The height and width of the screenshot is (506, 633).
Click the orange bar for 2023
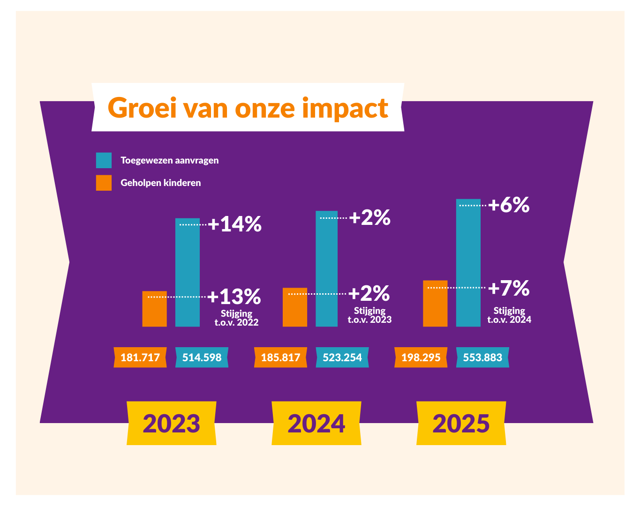pyautogui.click(x=154, y=309)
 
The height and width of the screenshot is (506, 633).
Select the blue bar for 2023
pyautogui.click(x=187, y=272)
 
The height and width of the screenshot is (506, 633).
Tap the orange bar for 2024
pyautogui.click(x=294, y=307)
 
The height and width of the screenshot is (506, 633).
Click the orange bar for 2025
pyautogui.click(x=435, y=304)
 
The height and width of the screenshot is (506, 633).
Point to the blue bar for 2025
pyautogui.click(x=468, y=263)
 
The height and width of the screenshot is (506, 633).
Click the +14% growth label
pyautogui.click(x=234, y=224)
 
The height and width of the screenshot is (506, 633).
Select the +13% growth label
pyautogui.click(x=234, y=297)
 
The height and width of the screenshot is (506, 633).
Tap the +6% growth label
pyautogui.click(x=509, y=205)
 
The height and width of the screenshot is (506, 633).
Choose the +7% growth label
pyautogui.click(x=509, y=288)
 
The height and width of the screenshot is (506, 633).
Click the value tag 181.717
pyautogui.click(x=140, y=357)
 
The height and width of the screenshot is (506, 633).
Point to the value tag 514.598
pyautogui.click(x=202, y=357)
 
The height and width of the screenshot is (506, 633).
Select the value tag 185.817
pyautogui.click(x=280, y=357)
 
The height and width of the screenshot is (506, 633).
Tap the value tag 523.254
pyautogui.click(x=342, y=357)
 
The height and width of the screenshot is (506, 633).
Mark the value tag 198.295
pyautogui.click(x=421, y=357)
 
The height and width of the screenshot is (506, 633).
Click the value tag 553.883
pyautogui.click(x=482, y=357)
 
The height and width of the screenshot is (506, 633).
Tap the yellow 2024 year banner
pyautogui.click(x=316, y=423)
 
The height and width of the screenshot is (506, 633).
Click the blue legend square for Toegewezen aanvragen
pyautogui.click(x=104, y=160)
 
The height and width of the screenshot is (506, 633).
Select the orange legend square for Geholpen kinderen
pyautogui.click(x=104, y=183)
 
